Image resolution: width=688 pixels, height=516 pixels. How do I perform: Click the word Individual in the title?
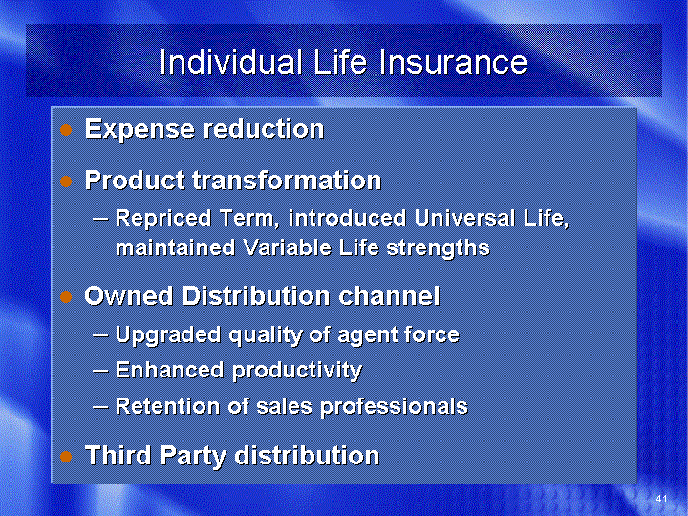[231, 62]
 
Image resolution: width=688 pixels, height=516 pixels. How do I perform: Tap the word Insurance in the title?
[453, 62]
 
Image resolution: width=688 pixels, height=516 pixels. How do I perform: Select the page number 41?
[661, 499]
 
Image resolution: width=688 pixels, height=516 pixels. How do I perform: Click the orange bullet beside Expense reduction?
[66, 130]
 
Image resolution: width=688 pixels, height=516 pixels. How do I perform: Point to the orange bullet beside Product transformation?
[66, 182]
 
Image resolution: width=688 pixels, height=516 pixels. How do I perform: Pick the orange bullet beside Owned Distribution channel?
[66, 297]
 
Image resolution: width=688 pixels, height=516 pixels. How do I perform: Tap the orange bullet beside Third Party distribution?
[66, 457]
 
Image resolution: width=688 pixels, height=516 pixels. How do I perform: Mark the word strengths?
[438, 248]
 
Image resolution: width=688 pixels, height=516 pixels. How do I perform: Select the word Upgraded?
[168, 335]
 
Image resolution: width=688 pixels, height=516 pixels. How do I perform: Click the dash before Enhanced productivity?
[101, 371]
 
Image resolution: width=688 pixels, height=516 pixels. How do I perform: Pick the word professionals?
[394, 407]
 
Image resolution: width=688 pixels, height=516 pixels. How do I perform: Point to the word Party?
[193, 456]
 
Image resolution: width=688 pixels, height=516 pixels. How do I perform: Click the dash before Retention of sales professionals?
[101, 407]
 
